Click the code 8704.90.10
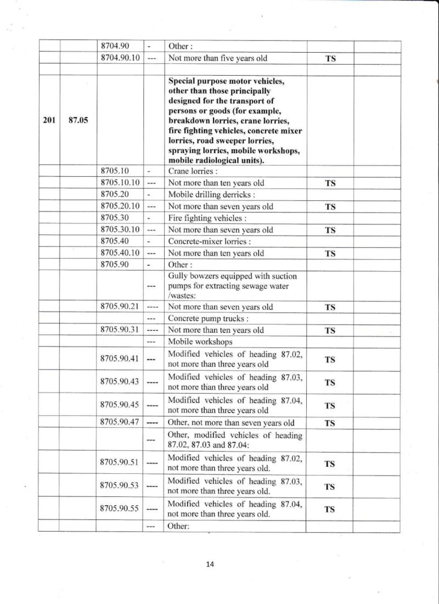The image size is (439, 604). (x=120, y=58)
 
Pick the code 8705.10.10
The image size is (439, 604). (x=120, y=182)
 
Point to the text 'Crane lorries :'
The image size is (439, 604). (x=190, y=171)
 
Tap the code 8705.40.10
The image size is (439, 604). (x=120, y=253)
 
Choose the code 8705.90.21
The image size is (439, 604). (x=120, y=307)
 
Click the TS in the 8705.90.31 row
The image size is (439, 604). (x=330, y=331)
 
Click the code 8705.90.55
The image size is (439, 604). (x=120, y=509)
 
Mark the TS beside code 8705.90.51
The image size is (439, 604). (x=330, y=463)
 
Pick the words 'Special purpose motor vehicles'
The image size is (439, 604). (x=226, y=81)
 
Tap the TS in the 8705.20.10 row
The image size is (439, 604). (x=330, y=206)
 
